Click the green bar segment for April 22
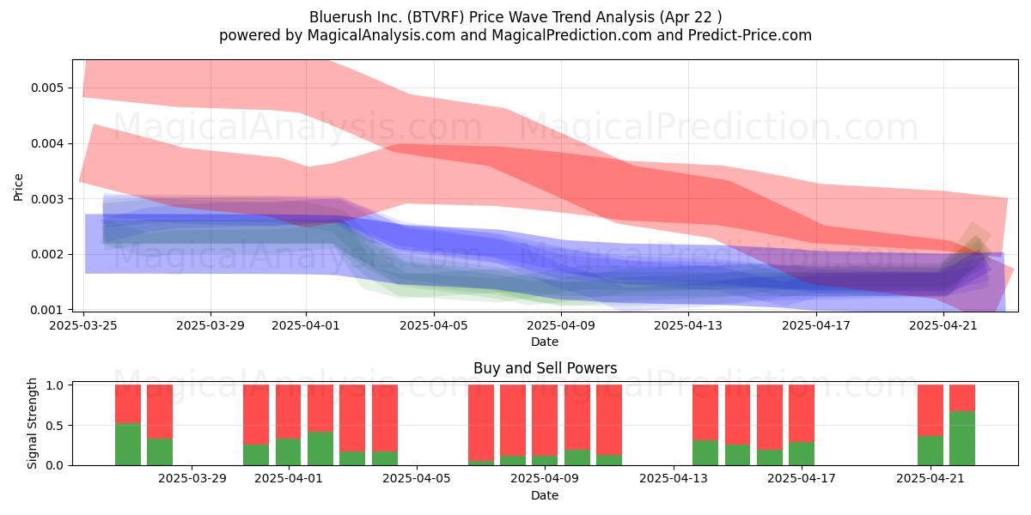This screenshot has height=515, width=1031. coord(962,439)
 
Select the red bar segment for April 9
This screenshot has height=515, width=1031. coord(545,420)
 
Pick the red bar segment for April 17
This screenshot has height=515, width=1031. coord(802,414)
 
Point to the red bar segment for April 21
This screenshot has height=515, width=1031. coord(930,410)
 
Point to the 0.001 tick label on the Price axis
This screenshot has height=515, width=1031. coord(46,310)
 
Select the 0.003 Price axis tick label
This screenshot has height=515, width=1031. coord(46,199)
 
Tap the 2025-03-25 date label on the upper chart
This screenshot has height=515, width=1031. coord(83,325)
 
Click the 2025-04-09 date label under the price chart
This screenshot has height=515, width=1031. coord(561,325)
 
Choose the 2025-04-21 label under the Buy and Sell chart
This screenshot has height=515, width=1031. coord(930,479)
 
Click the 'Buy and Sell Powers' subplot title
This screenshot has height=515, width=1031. coord(546,368)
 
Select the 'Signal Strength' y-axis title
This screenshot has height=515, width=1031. coord(32,423)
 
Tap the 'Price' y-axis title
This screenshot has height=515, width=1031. coord(18,187)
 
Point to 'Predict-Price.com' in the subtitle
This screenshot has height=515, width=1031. coord(750,35)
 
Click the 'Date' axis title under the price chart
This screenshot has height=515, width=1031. coord(545,342)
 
